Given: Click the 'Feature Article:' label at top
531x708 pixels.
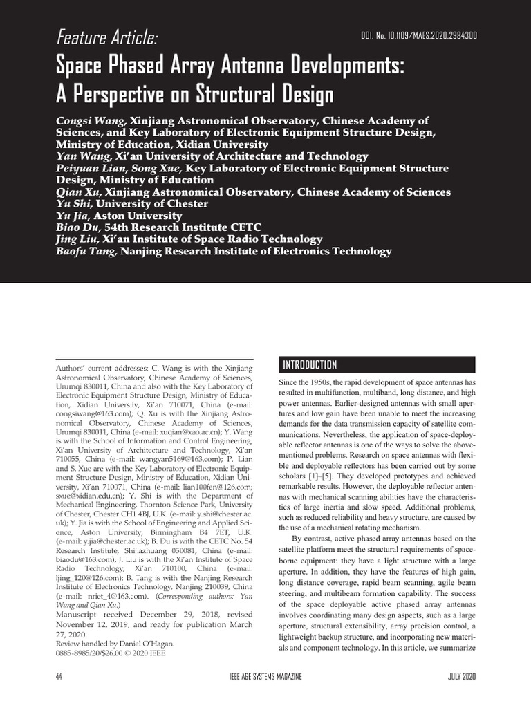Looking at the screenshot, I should pyautogui.click(x=107, y=36).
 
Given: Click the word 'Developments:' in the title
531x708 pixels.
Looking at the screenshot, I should pyautogui.click(x=328, y=66).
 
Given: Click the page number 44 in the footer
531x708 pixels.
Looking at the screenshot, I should pyautogui.click(x=59, y=676).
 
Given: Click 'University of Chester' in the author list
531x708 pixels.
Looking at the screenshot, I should pyautogui.click(x=152, y=203).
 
